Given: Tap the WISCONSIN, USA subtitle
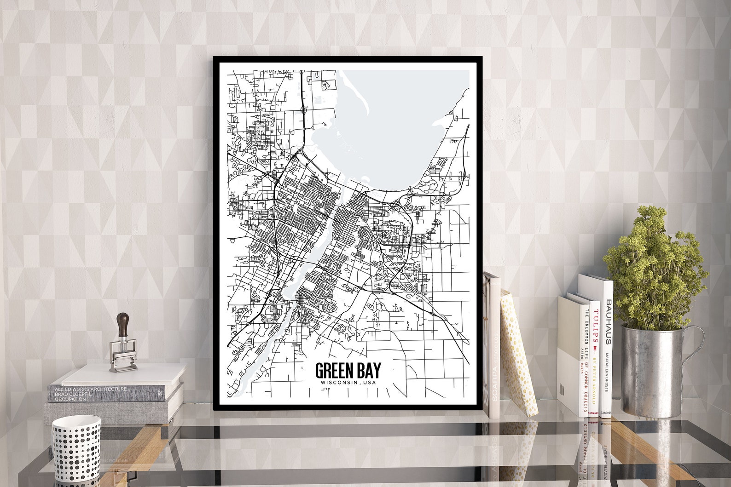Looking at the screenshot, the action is (x=348, y=383).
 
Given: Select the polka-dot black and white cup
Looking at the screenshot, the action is (x=76, y=442).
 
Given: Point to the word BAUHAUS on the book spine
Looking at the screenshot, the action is (x=608, y=322).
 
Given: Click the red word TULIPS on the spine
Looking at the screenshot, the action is (x=595, y=327).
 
